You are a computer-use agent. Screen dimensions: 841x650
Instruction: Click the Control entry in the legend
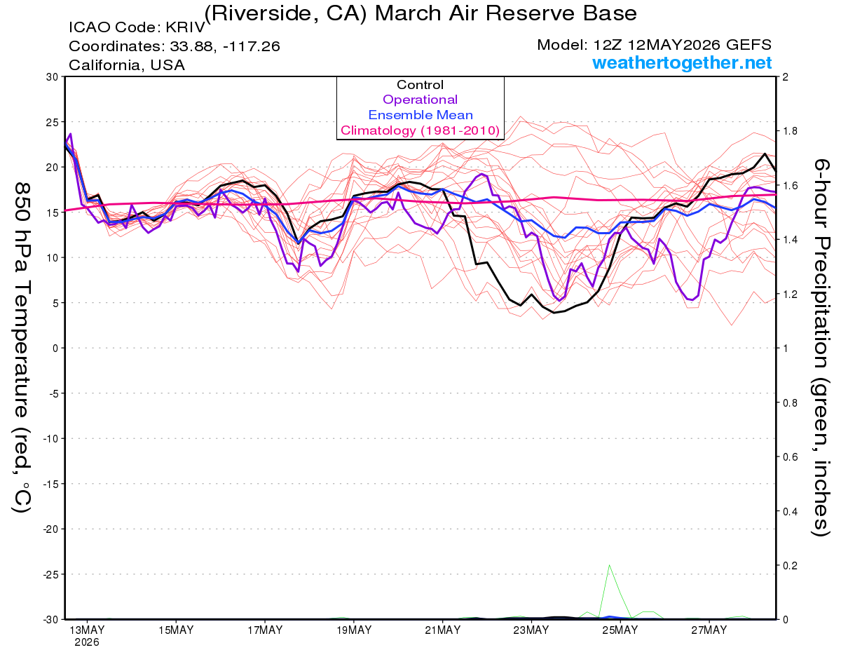(420, 85)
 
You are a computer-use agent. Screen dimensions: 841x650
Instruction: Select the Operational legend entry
(420, 100)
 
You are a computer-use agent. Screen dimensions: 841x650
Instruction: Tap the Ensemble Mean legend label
(420, 115)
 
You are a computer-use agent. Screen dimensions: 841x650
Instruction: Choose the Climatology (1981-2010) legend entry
(420, 130)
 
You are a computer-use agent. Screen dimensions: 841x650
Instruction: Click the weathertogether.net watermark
(682, 62)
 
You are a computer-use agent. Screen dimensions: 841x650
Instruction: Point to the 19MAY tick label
(354, 630)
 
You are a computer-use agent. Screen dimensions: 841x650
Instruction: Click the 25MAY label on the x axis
(620, 630)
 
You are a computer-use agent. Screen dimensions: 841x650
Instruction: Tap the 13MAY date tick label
(87, 630)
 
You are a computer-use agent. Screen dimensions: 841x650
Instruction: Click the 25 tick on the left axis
(53, 122)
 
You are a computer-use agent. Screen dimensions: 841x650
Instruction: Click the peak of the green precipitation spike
(609, 565)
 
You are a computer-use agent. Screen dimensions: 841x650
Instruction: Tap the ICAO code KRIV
(186, 27)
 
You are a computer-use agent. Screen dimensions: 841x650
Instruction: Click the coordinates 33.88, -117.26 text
(225, 46)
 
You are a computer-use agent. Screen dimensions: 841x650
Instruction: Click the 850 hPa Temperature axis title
(22, 348)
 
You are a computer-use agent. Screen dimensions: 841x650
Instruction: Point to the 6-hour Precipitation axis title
(820, 347)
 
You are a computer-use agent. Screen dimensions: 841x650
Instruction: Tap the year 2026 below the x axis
(87, 643)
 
